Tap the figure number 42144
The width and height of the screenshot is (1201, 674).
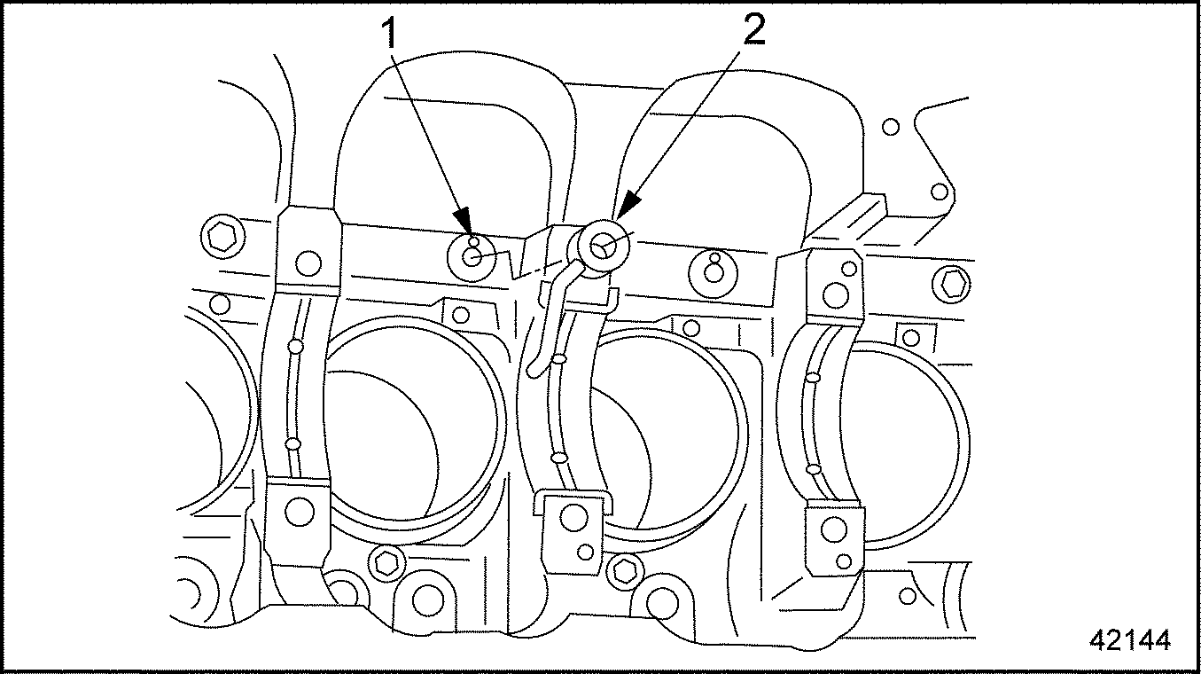pos(1130,639)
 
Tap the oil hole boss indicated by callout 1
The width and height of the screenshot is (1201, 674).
pos(472,257)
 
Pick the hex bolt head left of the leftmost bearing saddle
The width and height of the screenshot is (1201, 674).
pos(222,236)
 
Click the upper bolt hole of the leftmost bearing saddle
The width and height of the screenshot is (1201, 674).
pos(308,263)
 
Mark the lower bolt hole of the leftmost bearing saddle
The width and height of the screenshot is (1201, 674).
pos(300,511)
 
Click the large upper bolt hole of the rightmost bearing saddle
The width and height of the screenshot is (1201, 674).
pos(835,294)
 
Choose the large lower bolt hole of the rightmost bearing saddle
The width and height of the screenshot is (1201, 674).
pos(834,529)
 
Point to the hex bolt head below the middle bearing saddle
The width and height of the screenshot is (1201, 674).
pos(625,571)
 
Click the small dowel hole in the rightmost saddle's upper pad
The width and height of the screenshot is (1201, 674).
pos(849,269)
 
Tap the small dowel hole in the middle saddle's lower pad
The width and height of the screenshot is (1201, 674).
pos(586,553)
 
